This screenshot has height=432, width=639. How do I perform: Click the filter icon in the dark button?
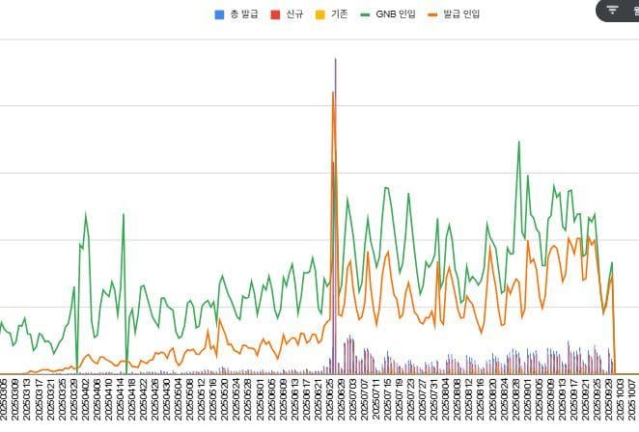(612, 10)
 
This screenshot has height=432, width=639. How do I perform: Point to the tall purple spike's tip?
(335, 59)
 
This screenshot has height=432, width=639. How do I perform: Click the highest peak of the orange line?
(333, 93)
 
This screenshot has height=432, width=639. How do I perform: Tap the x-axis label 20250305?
(5, 400)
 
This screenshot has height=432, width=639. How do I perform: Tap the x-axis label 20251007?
(630, 400)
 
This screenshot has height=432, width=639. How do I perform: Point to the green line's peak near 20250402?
(85, 213)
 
